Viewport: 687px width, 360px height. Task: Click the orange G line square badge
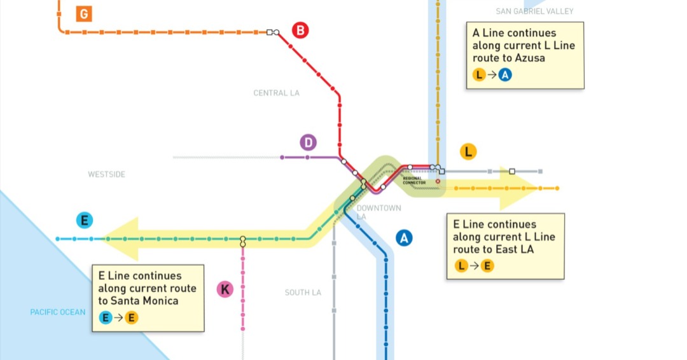pyautogui.click(x=84, y=14)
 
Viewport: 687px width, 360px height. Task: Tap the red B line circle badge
pyautogui.click(x=300, y=31)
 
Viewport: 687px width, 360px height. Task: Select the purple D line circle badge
pyautogui.click(x=308, y=142)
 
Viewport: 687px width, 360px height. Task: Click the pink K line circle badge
pyautogui.click(x=225, y=289)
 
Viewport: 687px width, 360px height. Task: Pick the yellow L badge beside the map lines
pyautogui.click(x=468, y=151)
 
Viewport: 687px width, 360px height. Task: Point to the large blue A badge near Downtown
pyautogui.click(x=403, y=238)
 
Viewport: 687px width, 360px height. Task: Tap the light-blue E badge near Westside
pyautogui.click(x=84, y=220)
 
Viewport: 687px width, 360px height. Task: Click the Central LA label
pyautogui.click(x=277, y=93)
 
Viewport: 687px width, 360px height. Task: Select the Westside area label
pyautogui.click(x=106, y=174)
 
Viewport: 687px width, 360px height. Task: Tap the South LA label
pyautogui.click(x=303, y=293)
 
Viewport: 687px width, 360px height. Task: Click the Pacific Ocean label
pyautogui.click(x=58, y=312)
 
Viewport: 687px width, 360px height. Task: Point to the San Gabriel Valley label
pyautogui.click(x=534, y=11)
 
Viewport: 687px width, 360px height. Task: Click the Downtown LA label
pyautogui.click(x=378, y=212)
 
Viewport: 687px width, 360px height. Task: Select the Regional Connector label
pyautogui.click(x=414, y=181)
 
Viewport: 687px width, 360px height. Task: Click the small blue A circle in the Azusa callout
pyautogui.click(x=504, y=75)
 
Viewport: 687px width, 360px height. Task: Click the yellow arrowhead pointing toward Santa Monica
pyautogui.click(x=120, y=239)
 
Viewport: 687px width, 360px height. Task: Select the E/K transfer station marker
pyautogui.click(x=243, y=241)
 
